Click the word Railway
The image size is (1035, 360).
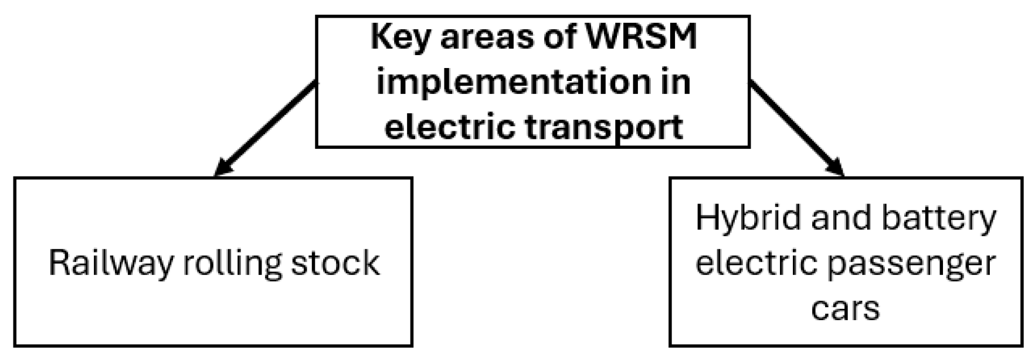[111, 263]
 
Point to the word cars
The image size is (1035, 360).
[845, 307]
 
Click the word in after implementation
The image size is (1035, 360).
[677, 82]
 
